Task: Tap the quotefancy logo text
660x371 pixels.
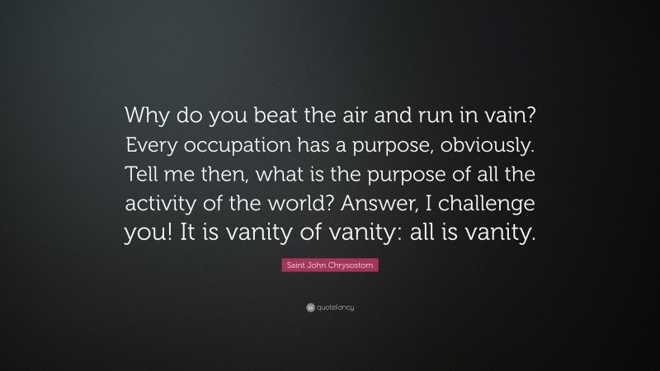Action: [334, 307]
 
